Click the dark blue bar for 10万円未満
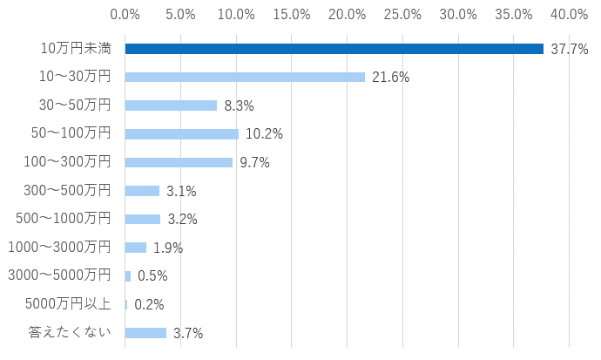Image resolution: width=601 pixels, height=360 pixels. (334, 49)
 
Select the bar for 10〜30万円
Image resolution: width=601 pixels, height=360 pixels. (245, 77)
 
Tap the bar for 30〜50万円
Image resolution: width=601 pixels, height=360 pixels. (171, 105)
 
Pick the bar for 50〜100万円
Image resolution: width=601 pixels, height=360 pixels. (181, 134)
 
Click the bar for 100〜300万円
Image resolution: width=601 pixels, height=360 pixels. (179, 162)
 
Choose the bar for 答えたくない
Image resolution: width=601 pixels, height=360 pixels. (145, 333)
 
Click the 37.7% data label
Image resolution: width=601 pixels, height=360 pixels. (570, 49)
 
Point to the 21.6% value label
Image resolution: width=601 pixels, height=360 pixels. (390, 78)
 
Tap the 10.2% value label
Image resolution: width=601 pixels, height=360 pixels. (264, 134)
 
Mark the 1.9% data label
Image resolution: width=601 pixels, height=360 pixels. (168, 248)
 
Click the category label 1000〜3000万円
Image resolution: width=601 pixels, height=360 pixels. (59, 248)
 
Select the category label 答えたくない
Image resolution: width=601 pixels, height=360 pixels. (71, 333)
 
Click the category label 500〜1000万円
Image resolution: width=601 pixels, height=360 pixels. (64, 219)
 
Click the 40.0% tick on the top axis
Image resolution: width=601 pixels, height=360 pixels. (569, 14)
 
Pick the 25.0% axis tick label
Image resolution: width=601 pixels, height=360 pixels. (402, 14)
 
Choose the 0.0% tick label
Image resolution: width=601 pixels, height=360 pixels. (125, 14)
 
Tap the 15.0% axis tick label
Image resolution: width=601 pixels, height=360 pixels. (292, 14)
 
